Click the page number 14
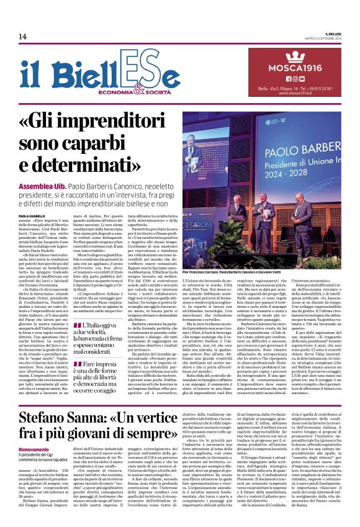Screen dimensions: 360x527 click(22, 37)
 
